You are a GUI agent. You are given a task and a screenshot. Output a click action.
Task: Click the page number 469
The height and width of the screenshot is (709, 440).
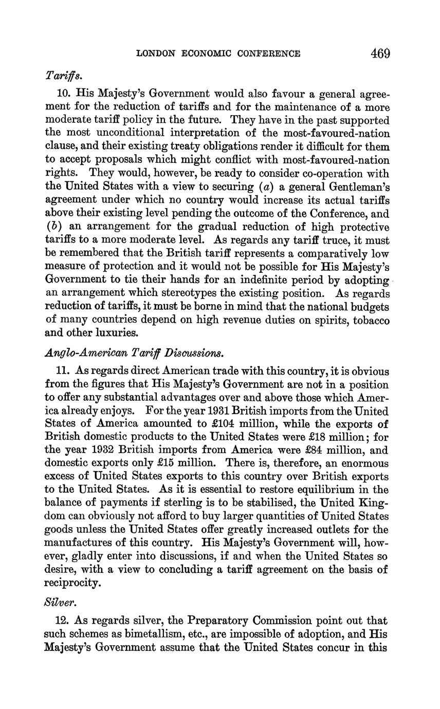[x=379, y=53]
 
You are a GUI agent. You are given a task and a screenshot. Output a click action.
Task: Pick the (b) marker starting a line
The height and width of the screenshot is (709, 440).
[x=53, y=227]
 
